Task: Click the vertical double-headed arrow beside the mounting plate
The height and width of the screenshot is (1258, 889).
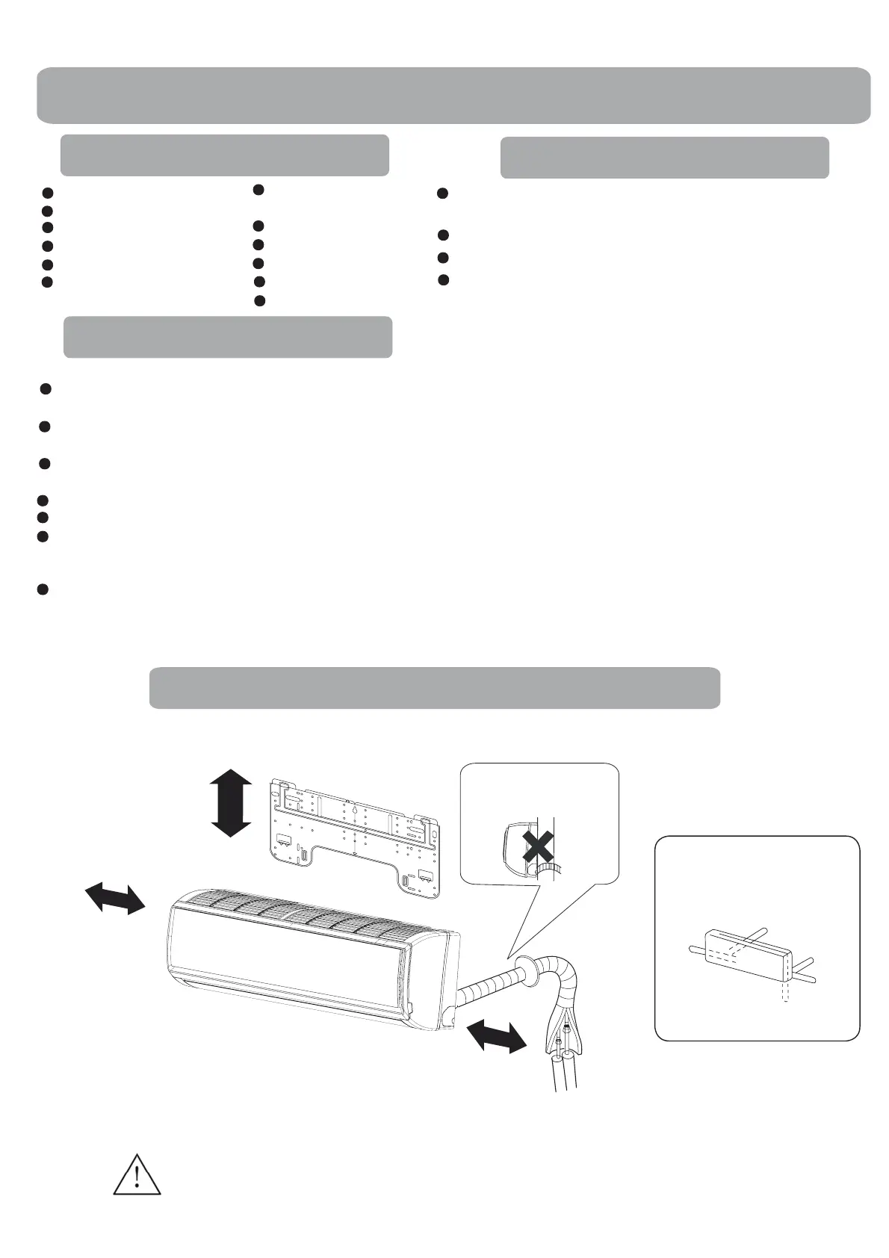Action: pyautogui.click(x=231, y=803)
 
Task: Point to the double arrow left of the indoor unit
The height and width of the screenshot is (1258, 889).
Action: pyautogui.click(x=114, y=896)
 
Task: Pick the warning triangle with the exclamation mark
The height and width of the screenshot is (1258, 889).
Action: pyautogui.click(x=137, y=1175)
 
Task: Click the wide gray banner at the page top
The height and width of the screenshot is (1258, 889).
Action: pyautogui.click(x=453, y=95)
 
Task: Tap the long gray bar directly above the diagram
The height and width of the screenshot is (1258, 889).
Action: pyautogui.click(x=434, y=687)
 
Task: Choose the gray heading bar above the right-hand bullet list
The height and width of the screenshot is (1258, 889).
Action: pyautogui.click(x=664, y=157)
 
